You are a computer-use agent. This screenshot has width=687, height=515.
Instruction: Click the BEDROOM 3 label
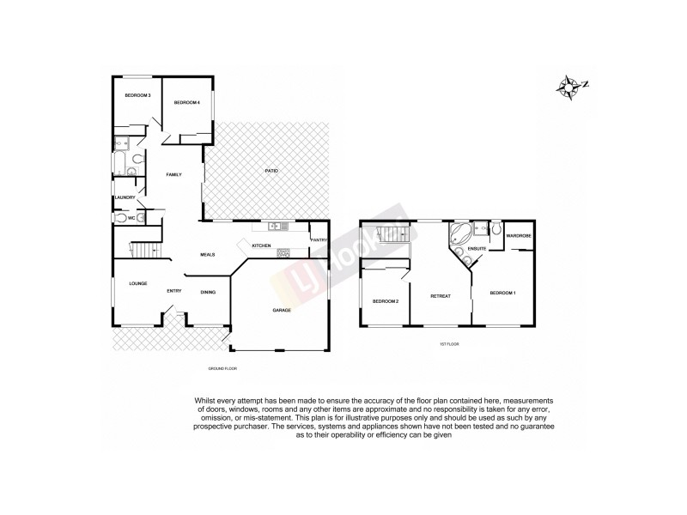(x=137, y=95)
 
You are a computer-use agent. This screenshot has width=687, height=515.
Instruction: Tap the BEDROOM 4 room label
(x=186, y=102)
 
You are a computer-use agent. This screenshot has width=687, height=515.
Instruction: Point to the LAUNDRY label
(x=126, y=197)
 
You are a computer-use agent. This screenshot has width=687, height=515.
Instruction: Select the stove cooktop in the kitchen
(x=283, y=251)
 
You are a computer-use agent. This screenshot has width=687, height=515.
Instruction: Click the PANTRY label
(x=319, y=240)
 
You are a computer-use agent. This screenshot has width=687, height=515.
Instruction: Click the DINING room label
(x=208, y=292)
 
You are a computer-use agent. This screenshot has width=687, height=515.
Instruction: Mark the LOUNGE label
(x=138, y=283)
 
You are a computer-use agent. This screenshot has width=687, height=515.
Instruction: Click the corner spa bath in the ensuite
(x=460, y=233)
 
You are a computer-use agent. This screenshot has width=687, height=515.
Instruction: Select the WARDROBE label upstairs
(x=518, y=235)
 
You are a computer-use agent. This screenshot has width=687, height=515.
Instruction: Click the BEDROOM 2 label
(x=385, y=301)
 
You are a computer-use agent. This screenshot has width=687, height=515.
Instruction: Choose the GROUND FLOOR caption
(x=222, y=368)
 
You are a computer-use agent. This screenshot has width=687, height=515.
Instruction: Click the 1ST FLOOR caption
(x=450, y=343)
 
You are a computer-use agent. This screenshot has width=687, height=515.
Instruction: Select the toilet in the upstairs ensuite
(x=495, y=228)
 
